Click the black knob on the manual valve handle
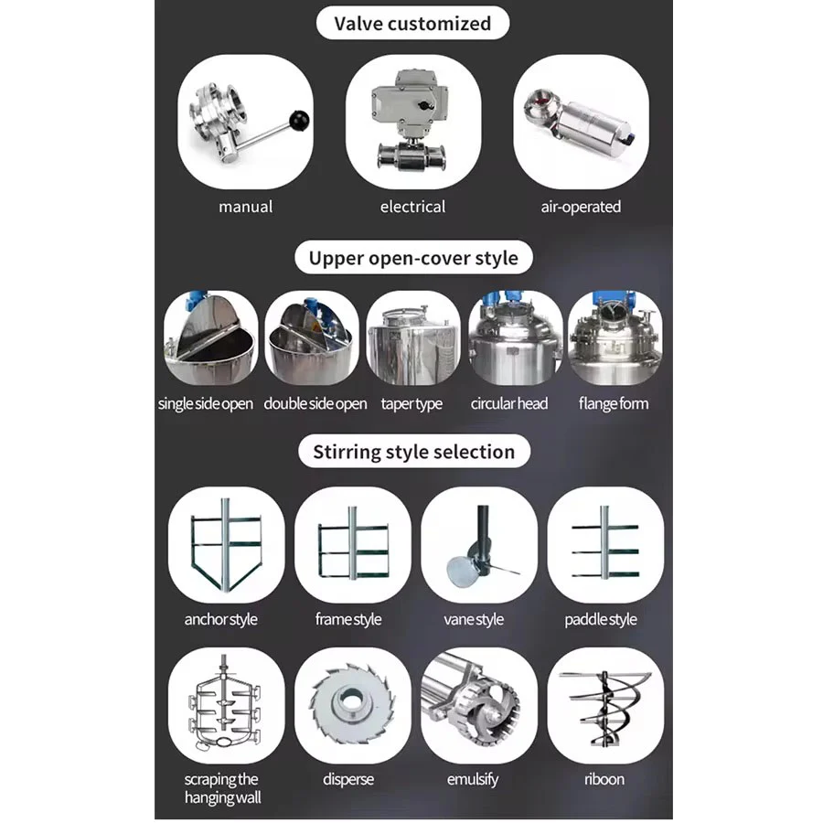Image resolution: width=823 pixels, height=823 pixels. [x=299, y=121]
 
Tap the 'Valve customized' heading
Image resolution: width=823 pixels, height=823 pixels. [x=412, y=24]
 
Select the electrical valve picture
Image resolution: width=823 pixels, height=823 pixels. [x=413, y=122]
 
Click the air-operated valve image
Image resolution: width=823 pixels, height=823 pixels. [x=581, y=122]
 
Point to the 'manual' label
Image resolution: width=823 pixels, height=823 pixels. [x=246, y=207]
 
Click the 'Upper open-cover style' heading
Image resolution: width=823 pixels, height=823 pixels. [x=413, y=258]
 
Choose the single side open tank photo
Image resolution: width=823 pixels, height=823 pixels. [x=211, y=337]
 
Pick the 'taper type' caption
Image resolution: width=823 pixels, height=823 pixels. [x=411, y=403]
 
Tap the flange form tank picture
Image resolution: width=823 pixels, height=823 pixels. [x=615, y=337]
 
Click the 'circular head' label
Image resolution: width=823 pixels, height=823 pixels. [x=509, y=403]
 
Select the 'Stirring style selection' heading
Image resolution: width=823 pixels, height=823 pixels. [x=413, y=452]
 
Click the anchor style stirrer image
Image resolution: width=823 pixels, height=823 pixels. [x=226, y=545]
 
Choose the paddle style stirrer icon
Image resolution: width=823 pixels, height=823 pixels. [x=605, y=545]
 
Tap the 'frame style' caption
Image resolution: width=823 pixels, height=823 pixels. [x=348, y=619]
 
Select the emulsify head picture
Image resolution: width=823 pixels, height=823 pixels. [x=479, y=705]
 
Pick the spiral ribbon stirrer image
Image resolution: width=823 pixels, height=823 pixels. [x=605, y=705]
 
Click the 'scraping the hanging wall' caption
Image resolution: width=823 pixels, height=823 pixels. [x=222, y=788]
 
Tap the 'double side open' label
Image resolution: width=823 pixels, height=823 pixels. [x=315, y=403]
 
